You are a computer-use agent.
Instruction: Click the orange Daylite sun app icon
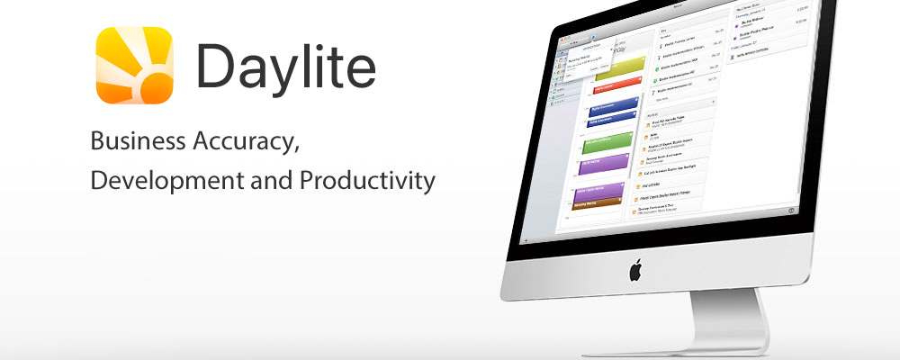coord(134,65)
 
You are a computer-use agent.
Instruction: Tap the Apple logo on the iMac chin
coord(635,269)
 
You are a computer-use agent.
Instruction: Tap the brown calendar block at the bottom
coord(598,206)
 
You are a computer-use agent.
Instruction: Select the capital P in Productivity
coord(309,180)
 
